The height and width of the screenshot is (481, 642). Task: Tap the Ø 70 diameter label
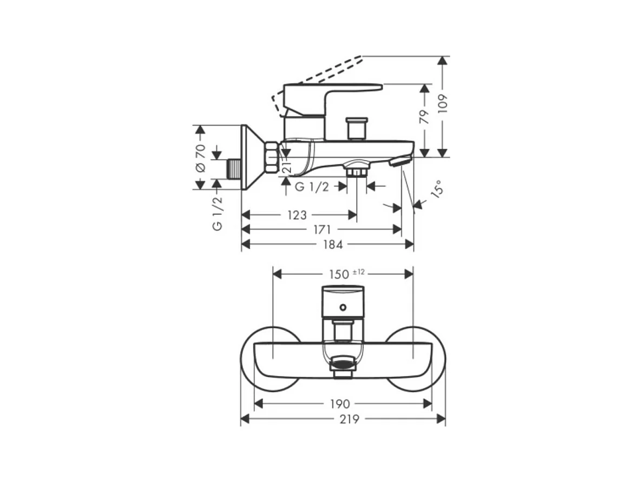(200, 158)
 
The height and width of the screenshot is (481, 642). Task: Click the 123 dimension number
(297, 215)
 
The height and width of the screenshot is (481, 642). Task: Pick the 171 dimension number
(322, 230)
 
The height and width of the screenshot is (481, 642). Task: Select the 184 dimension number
(333, 245)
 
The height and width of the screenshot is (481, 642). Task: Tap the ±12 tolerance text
(360, 272)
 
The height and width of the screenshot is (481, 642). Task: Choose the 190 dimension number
(340, 404)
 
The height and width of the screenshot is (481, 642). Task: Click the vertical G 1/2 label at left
(217, 214)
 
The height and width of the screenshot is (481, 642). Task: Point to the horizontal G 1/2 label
(312, 187)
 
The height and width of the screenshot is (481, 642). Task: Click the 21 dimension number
(287, 167)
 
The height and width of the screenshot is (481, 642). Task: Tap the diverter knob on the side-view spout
(357, 128)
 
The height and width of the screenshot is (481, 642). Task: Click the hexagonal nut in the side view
(271, 157)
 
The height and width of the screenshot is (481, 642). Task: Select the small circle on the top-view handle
(342, 308)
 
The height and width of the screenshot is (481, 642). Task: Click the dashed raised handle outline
(319, 70)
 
